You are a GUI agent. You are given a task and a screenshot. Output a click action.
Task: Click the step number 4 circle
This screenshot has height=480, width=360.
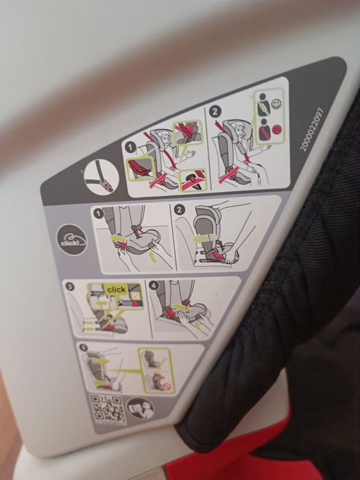point(154,283)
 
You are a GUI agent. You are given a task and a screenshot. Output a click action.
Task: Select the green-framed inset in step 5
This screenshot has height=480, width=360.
point(157,370)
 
